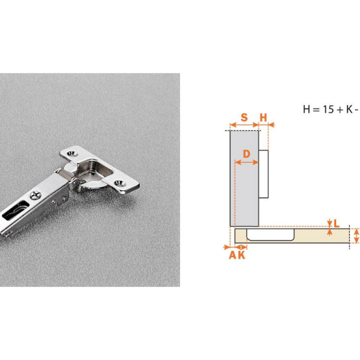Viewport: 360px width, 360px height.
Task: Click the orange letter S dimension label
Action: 244,118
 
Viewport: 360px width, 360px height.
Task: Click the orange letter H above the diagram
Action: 263,118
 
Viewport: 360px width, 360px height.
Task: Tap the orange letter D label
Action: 247,154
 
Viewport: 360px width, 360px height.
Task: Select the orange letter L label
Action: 337,223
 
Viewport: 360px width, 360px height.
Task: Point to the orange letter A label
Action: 233,256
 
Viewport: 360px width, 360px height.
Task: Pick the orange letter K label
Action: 242,256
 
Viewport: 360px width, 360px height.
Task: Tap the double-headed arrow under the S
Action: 244,125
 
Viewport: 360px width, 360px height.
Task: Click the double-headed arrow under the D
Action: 247,163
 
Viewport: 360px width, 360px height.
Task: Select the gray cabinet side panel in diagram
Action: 245,178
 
